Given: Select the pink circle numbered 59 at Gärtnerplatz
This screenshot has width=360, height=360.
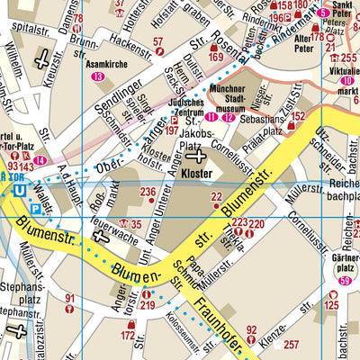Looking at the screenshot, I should tap(345, 282).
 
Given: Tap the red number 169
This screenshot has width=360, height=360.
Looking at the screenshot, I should tap(214, 58).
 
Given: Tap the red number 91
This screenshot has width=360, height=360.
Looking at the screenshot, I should tap(70, 298).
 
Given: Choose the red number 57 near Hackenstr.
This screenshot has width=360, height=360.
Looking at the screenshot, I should tap(159, 42).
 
